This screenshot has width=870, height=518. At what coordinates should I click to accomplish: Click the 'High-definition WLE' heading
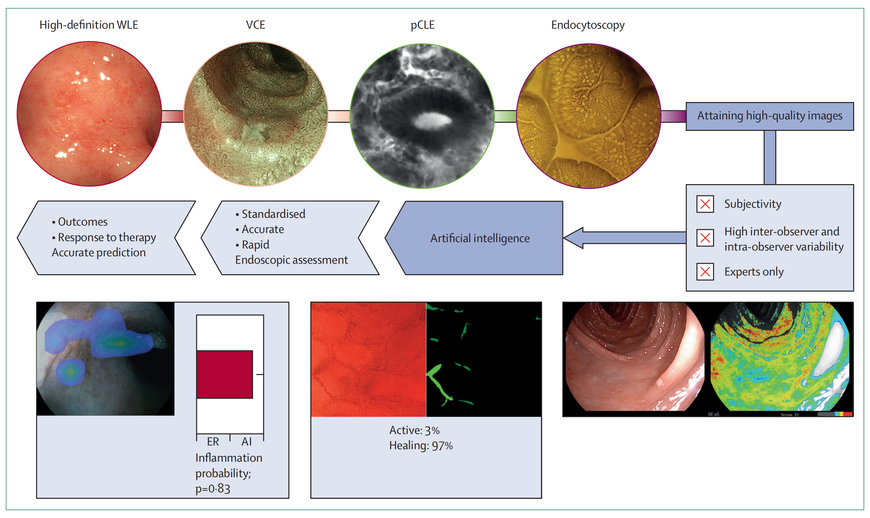coord(89,25)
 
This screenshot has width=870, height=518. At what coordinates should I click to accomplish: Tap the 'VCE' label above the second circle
coord(255,25)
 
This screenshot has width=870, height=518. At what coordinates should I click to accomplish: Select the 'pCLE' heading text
coord(422,25)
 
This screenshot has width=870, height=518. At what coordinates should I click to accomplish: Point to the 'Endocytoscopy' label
coord(588,25)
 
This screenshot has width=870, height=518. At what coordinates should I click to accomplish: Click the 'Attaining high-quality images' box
coord(769,116)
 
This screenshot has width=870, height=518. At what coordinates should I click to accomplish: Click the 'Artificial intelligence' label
coord(479,238)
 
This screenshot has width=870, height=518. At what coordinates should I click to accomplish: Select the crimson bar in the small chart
coord(224,374)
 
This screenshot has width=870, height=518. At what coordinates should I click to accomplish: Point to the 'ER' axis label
coord(213,441)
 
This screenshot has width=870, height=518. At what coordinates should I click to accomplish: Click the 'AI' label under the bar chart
coord(246,441)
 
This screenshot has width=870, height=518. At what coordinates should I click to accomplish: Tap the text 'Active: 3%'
coord(414,430)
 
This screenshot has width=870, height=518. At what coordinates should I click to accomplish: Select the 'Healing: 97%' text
coord(421,445)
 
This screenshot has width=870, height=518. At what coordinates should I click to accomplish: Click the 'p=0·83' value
coord(212,488)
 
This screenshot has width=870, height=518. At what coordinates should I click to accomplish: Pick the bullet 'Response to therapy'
coord(107,237)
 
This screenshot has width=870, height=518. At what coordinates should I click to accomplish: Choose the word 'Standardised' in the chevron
coord(273,213)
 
